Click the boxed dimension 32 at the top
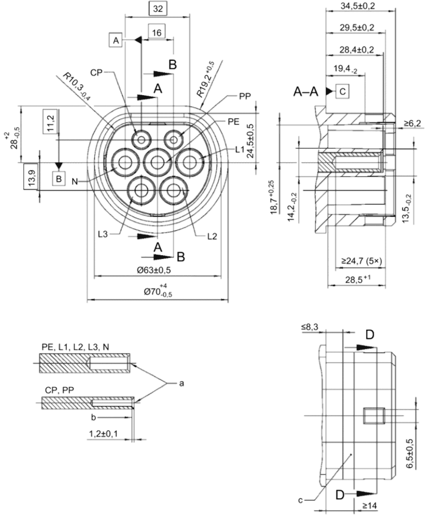pyautogui.click(x=158, y=9)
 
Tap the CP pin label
pyautogui.click(x=96, y=72)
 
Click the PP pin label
pyautogui.click(x=245, y=96)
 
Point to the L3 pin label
pyautogui.click(x=103, y=234)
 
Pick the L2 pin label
pyautogui.click(x=212, y=236)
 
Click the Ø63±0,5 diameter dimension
pyautogui.click(x=154, y=270)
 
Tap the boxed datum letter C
pyautogui.click(x=342, y=92)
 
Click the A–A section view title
pyautogui.click(x=306, y=92)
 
